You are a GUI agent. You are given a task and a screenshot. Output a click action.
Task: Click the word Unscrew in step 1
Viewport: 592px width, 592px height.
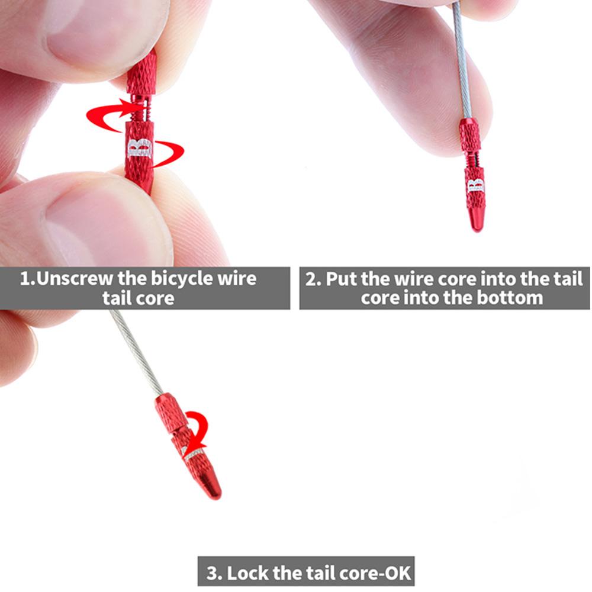pyautogui.click(x=75, y=279)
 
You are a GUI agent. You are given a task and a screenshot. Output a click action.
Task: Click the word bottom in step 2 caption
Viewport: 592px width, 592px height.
pyautogui.click(x=510, y=298)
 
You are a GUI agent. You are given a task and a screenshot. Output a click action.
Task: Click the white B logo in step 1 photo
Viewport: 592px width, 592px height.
pyautogui.click(x=140, y=149)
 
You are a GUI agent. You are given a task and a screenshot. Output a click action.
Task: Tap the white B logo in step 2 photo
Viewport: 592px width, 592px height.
pyautogui.click(x=475, y=185)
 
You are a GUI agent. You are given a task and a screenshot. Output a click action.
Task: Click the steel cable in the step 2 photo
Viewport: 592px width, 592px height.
pyautogui.click(x=462, y=60)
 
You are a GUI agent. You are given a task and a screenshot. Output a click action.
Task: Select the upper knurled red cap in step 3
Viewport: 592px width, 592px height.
pyautogui.click(x=170, y=413)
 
